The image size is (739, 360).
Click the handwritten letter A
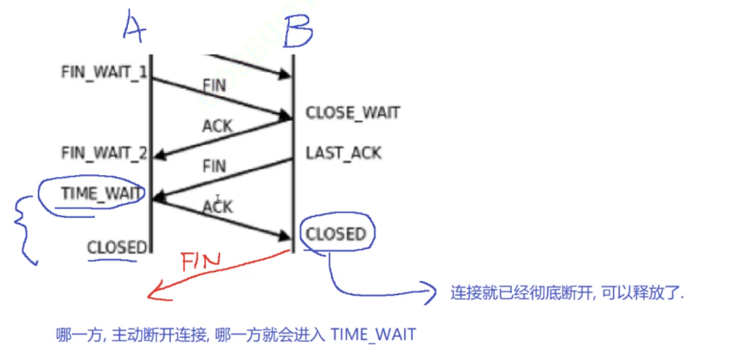[134, 25]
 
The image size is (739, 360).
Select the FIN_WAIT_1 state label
[104, 72]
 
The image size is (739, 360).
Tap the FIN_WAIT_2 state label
[104, 153]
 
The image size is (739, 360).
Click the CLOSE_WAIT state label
[353, 113]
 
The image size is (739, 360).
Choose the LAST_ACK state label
[344, 153]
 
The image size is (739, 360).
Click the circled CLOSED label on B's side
[336, 235]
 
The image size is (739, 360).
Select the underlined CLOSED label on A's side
[117, 247]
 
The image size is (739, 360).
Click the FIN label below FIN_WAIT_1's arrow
[214, 85]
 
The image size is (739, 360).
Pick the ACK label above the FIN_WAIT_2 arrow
[217, 126]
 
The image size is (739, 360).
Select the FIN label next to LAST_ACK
[214, 165]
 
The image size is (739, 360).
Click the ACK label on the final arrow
[218, 207]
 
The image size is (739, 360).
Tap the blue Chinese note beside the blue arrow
[567, 294]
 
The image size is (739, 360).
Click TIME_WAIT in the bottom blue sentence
[373, 335]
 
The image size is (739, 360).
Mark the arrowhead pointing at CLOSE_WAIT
[286, 114]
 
